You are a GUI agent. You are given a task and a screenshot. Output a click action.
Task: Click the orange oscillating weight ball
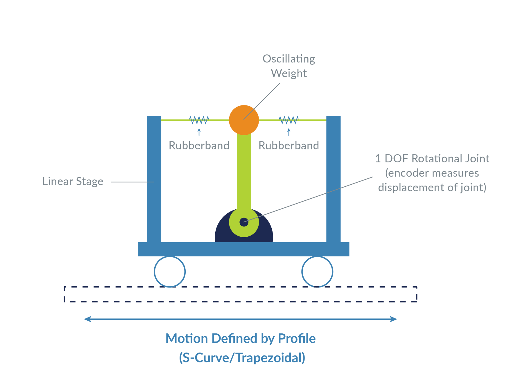[243, 120]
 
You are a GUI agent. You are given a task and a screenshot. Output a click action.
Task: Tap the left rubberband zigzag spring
[199, 120]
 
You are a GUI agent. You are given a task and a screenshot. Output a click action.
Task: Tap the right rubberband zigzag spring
[289, 120]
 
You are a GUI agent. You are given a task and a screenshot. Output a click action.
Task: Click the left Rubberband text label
[199, 145]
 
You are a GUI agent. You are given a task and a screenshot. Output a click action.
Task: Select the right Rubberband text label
[289, 145]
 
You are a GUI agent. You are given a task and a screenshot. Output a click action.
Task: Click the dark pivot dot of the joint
[244, 222]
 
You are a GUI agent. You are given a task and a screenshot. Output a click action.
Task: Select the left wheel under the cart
[170, 272]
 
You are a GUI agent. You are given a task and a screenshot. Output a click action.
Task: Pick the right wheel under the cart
[317, 272]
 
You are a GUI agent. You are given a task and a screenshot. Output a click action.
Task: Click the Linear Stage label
[73, 181]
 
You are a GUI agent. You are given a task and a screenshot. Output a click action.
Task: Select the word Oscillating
[289, 59]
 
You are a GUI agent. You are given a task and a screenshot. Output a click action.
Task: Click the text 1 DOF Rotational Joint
[432, 159]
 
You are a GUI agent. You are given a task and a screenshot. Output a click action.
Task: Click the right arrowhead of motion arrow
[394, 319]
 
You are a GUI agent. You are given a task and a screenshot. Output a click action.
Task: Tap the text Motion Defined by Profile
[241, 339]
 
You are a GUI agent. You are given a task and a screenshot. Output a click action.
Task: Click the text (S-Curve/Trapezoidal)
[242, 358]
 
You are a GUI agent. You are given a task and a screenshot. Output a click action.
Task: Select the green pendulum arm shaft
[244, 171]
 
